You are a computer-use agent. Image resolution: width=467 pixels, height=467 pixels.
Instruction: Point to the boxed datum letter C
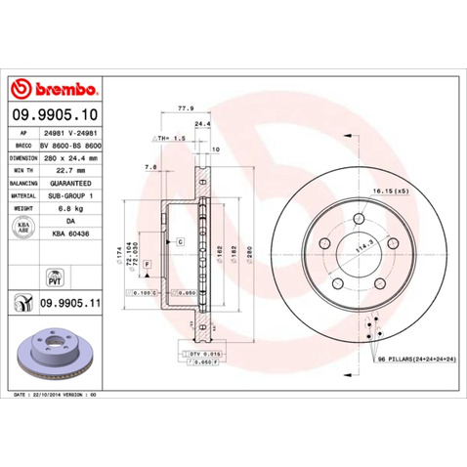pos(181,240)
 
